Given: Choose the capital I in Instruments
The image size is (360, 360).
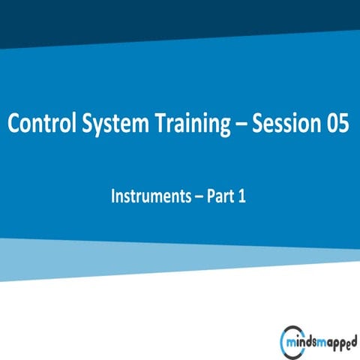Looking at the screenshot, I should click(113, 197).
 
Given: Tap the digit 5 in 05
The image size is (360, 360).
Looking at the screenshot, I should click(343, 124).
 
